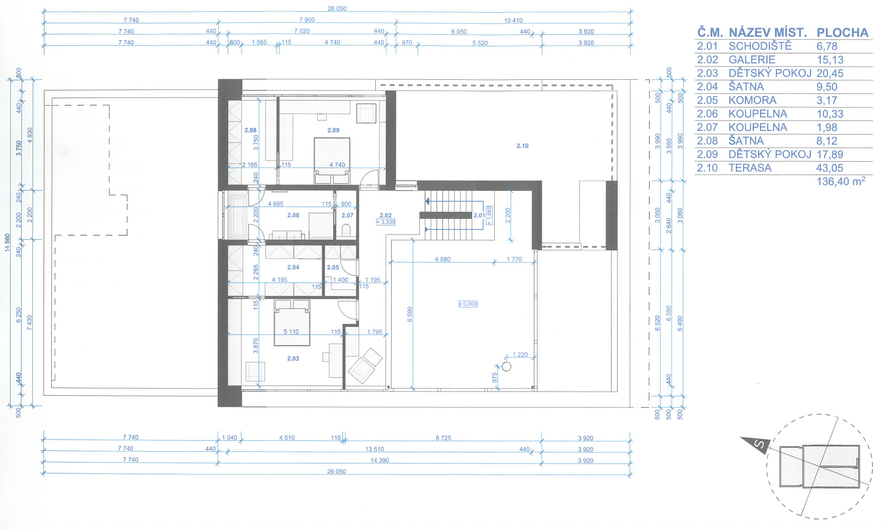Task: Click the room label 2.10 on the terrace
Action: tap(522, 146)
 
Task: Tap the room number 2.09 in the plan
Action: tap(333, 130)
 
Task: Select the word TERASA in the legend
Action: tap(750, 168)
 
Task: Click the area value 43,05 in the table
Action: tap(829, 168)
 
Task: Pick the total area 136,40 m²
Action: tap(840, 181)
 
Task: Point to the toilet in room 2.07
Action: tap(346, 230)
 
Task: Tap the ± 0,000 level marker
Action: tap(468, 304)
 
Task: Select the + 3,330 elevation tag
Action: tap(385, 222)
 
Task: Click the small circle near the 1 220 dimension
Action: tap(506, 367)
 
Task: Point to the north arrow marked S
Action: tap(756, 443)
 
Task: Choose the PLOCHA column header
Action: tap(843, 33)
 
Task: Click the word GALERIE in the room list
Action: tap(752, 60)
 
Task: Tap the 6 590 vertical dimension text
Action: tap(410, 314)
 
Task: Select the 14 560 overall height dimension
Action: tap(7, 243)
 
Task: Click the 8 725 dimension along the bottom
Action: tap(443, 438)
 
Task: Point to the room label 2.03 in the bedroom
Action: tap(293, 359)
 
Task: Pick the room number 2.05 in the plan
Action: tap(332, 267)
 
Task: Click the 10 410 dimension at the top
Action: tap(513, 20)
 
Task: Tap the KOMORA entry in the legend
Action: tap(753, 100)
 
